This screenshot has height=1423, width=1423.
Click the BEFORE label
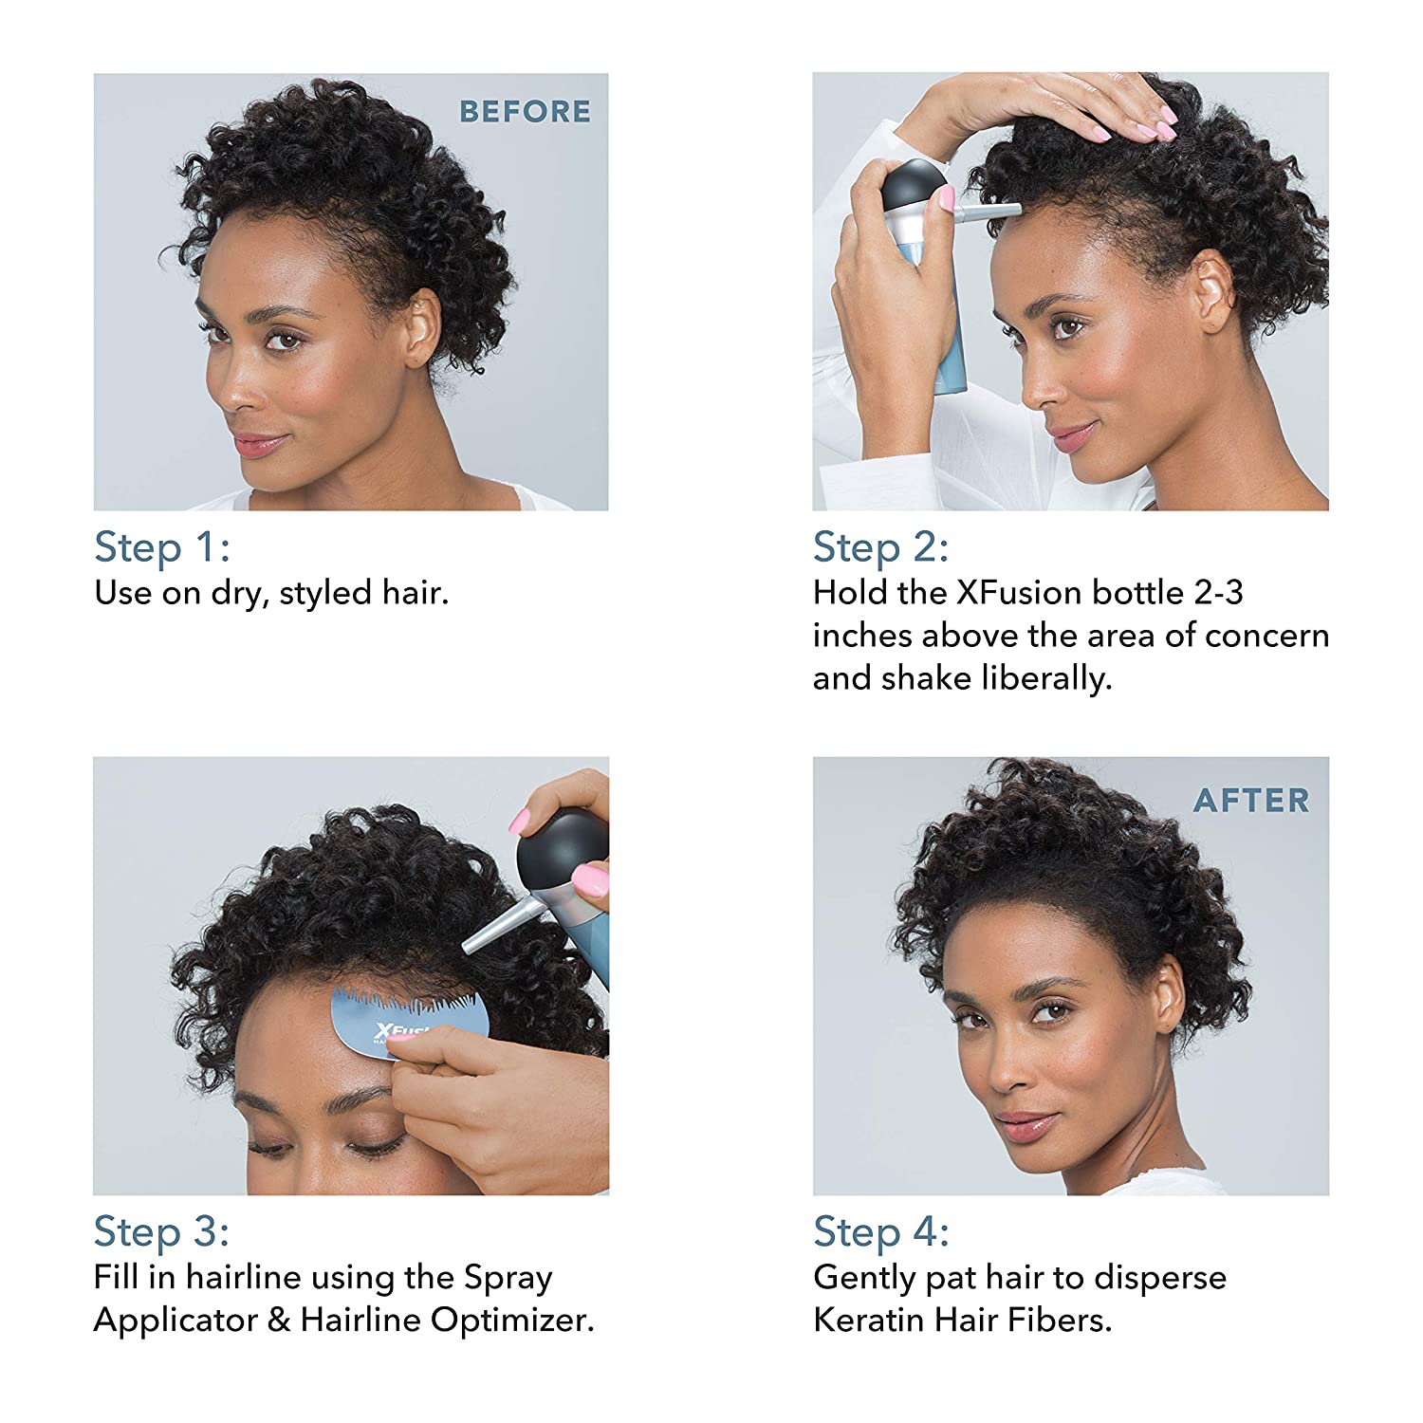click(525, 112)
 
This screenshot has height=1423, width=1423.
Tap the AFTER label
click(1251, 801)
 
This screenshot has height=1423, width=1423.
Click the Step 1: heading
click(162, 547)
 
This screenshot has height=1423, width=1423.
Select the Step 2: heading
click(881, 547)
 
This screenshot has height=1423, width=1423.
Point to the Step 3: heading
click(162, 1231)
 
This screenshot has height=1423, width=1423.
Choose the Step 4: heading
click(881, 1231)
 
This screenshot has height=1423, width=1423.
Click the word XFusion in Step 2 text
click(1018, 593)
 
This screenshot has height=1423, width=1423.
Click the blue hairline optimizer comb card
click(409, 1017)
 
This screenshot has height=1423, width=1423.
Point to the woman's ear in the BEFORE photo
click(421, 327)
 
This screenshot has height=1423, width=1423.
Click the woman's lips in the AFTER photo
click(1028, 1125)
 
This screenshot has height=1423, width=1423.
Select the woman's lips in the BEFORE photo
click(256, 443)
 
